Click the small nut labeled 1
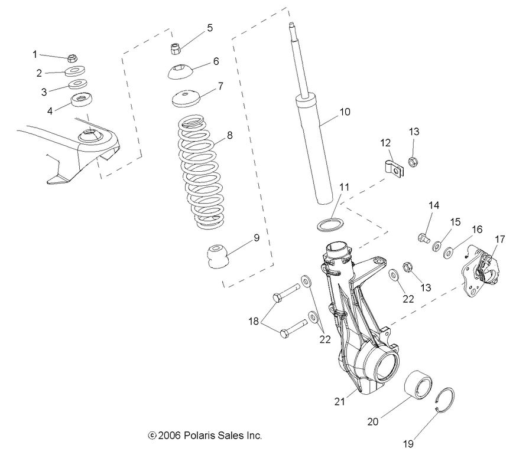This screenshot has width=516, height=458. tap(71, 58)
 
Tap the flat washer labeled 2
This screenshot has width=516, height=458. tap(75, 71)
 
